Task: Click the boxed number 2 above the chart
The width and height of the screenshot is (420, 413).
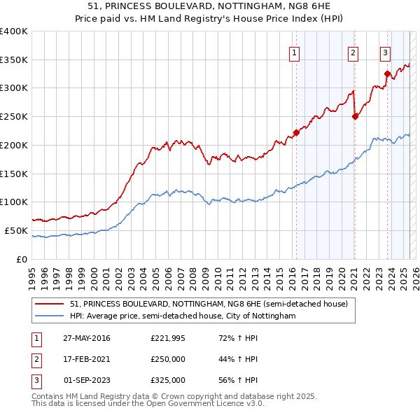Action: pyautogui.click(x=353, y=52)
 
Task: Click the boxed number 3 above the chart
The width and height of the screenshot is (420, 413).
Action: pyautogui.click(x=385, y=52)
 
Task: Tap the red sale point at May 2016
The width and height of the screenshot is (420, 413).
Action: pyautogui.click(x=296, y=132)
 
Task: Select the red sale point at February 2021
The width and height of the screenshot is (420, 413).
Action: pyautogui.click(x=355, y=116)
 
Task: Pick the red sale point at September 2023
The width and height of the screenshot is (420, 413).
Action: pyautogui.click(x=387, y=73)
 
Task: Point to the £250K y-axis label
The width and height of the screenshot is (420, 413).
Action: pyautogui.click(x=15, y=116)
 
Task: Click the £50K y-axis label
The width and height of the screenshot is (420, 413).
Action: pyautogui.click(x=17, y=230)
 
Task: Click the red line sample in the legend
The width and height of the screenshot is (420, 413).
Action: pyautogui.click(x=50, y=304)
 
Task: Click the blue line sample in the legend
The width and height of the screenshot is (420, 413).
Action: pyautogui.click(x=50, y=316)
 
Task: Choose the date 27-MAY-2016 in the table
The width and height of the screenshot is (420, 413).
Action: pyautogui.click(x=87, y=339)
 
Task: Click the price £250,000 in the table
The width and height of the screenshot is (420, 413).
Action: pyautogui.click(x=168, y=359)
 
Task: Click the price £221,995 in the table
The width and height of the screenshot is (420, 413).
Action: pyautogui.click(x=168, y=339)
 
